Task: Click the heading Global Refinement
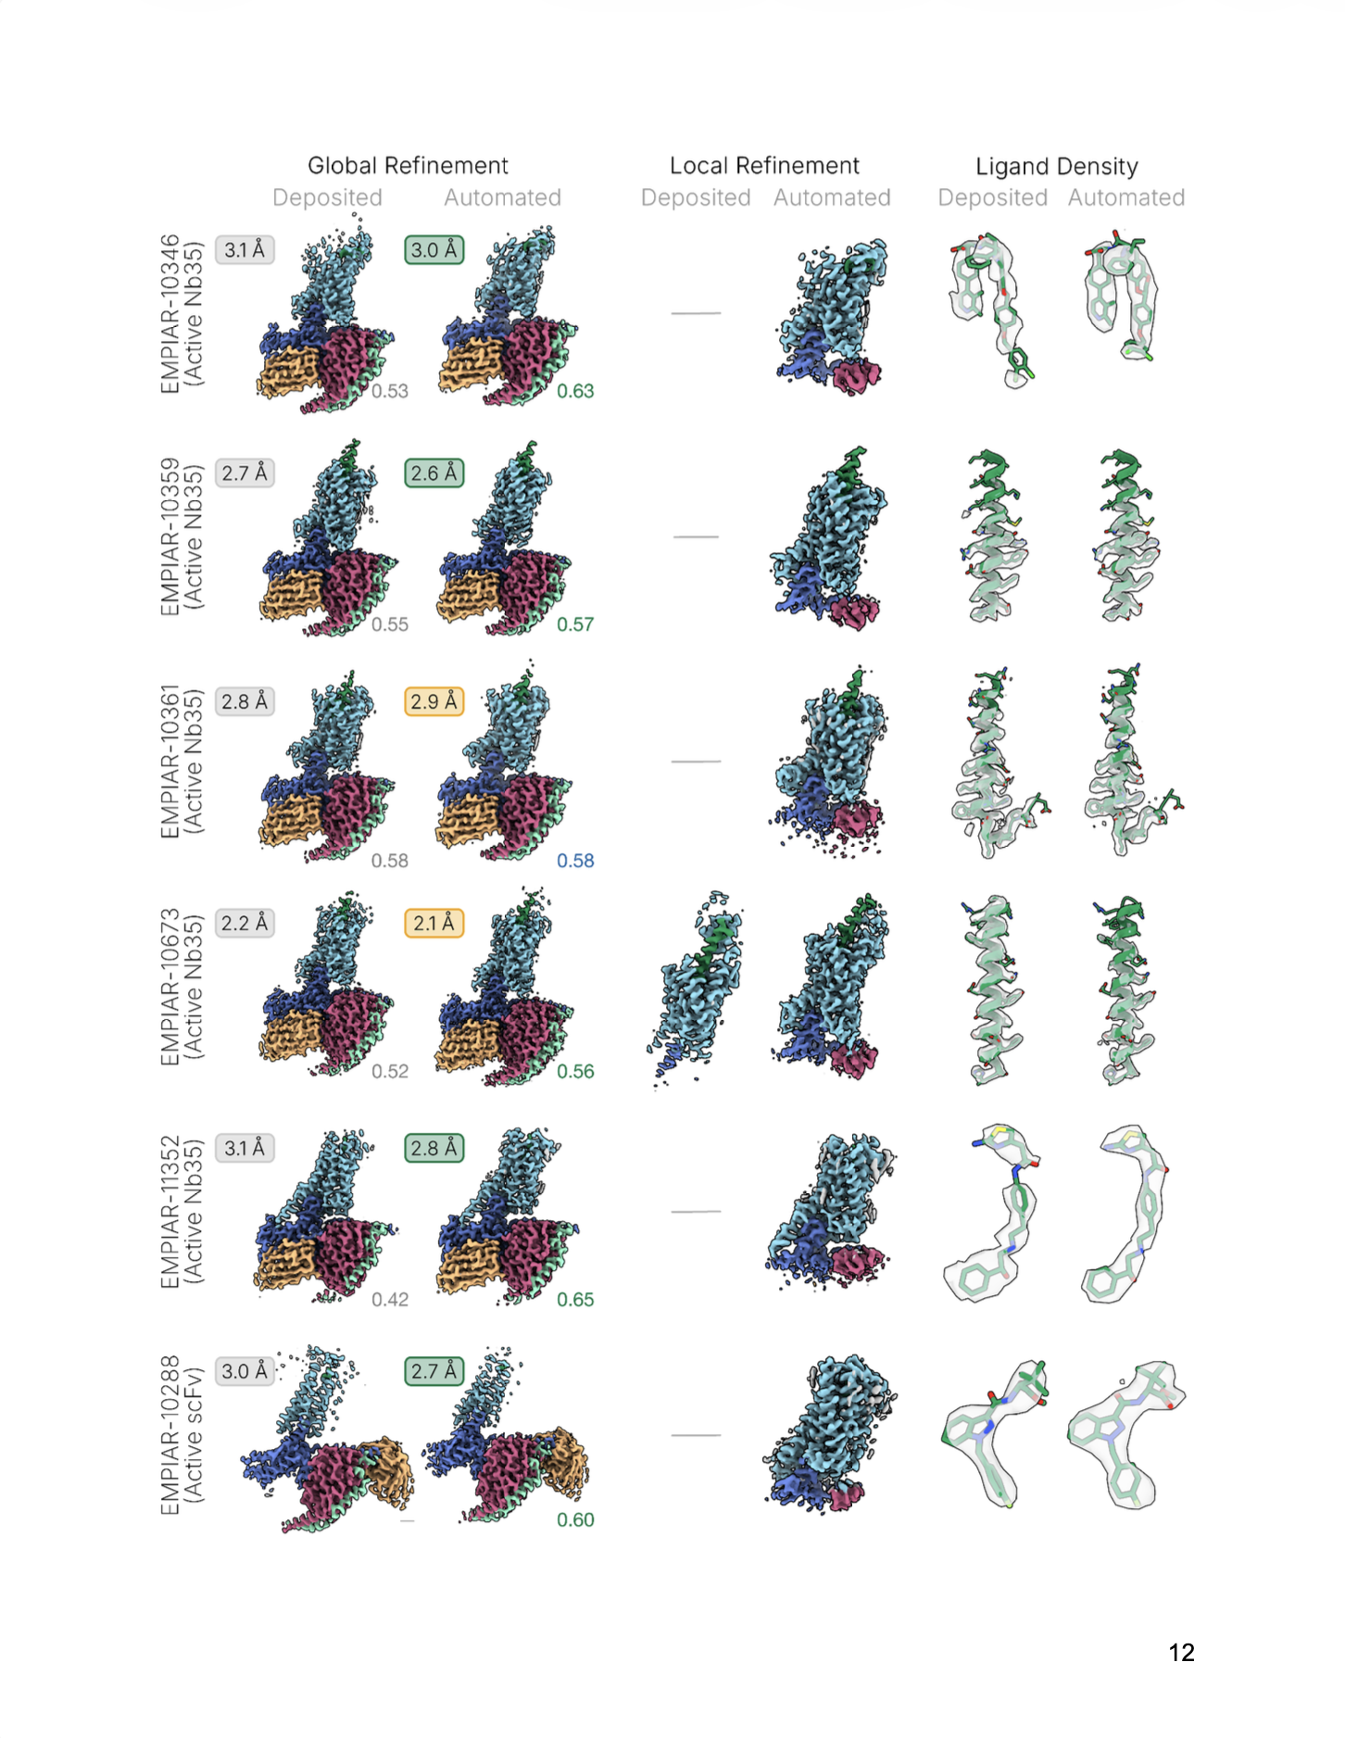click(x=408, y=166)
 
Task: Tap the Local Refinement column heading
click(x=764, y=166)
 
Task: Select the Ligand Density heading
click(x=1057, y=167)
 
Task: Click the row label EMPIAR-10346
click(x=170, y=314)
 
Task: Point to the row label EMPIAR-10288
click(x=170, y=1435)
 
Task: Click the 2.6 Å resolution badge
click(x=434, y=473)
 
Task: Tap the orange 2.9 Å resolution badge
click(x=434, y=701)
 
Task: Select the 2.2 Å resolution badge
click(x=245, y=924)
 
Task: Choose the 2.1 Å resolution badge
click(x=434, y=924)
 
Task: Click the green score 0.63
click(x=575, y=391)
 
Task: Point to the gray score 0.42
click(x=390, y=1300)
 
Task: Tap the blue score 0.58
click(x=575, y=861)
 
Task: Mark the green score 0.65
click(x=575, y=1300)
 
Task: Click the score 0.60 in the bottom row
click(x=575, y=1520)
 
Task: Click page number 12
click(x=1181, y=1653)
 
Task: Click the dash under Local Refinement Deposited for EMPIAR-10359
click(x=697, y=537)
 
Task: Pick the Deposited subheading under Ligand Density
click(x=993, y=198)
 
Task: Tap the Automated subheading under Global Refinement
click(x=502, y=198)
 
